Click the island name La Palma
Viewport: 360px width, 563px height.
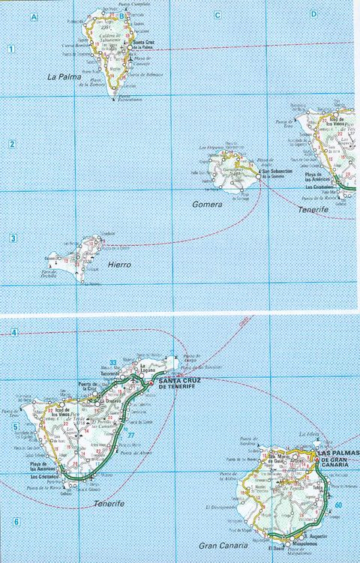(64, 76)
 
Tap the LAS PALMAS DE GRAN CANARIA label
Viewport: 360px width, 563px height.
(338, 459)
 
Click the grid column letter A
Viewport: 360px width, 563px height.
(33, 15)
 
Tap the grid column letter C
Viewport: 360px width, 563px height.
(217, 15)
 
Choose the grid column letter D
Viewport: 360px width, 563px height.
(312, 15)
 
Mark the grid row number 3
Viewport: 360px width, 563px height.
(13, 239)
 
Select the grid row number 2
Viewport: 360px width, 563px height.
(12, 144)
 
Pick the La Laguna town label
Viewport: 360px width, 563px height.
(147, 367)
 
